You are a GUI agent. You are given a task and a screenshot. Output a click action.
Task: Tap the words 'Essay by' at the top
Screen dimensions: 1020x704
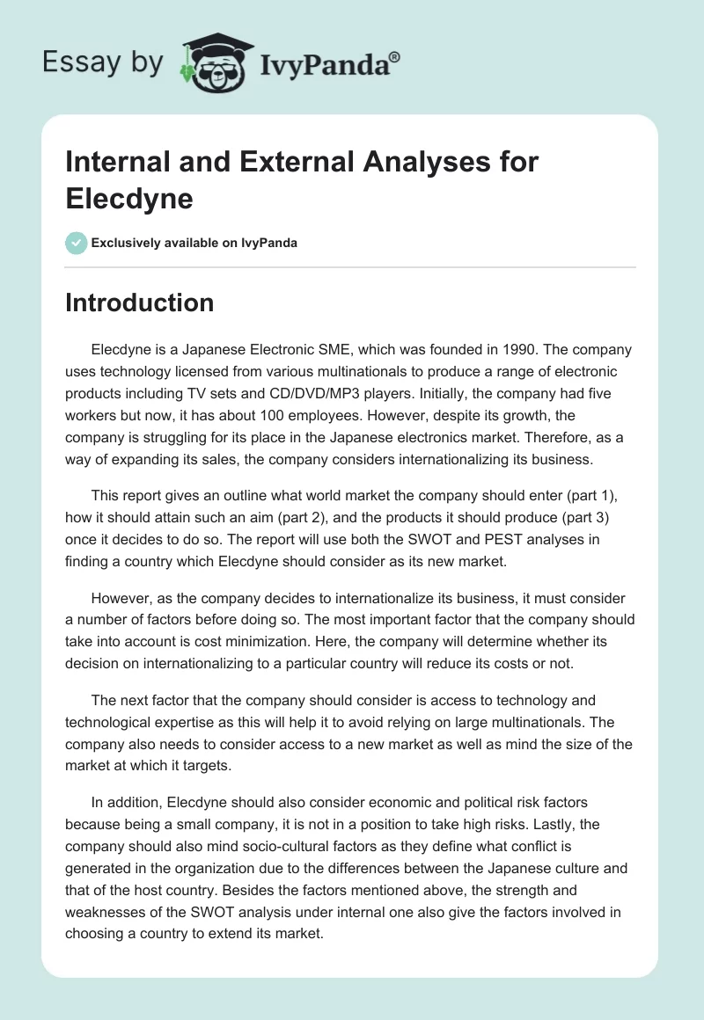coord(104,63)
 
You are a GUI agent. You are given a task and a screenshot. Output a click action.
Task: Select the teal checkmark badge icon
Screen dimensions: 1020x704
coord(77,243)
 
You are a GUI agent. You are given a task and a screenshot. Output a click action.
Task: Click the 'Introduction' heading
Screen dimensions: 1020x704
coord(139,302)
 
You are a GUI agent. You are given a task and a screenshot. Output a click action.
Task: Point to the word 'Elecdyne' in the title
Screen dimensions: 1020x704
coord(129,198)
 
